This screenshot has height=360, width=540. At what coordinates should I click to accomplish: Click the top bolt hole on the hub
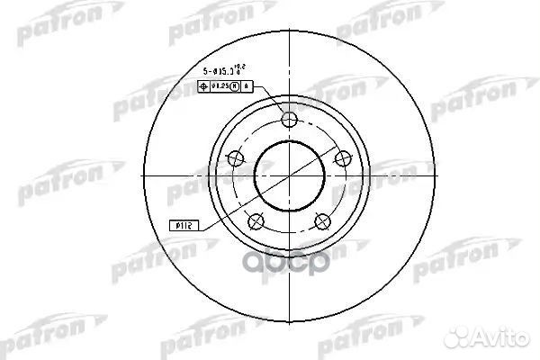click(288, 121)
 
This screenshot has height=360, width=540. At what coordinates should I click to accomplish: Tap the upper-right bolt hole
click(341, 158)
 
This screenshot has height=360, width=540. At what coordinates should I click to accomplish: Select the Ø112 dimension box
click(181, 228)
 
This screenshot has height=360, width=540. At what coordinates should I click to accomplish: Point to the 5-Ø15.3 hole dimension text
click(214, 70)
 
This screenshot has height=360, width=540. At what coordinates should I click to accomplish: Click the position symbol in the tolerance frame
click(202, 87)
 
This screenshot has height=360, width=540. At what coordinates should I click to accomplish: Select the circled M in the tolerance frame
click(235, 87)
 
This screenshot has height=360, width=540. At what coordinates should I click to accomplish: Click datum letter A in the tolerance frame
click(247, 87)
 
